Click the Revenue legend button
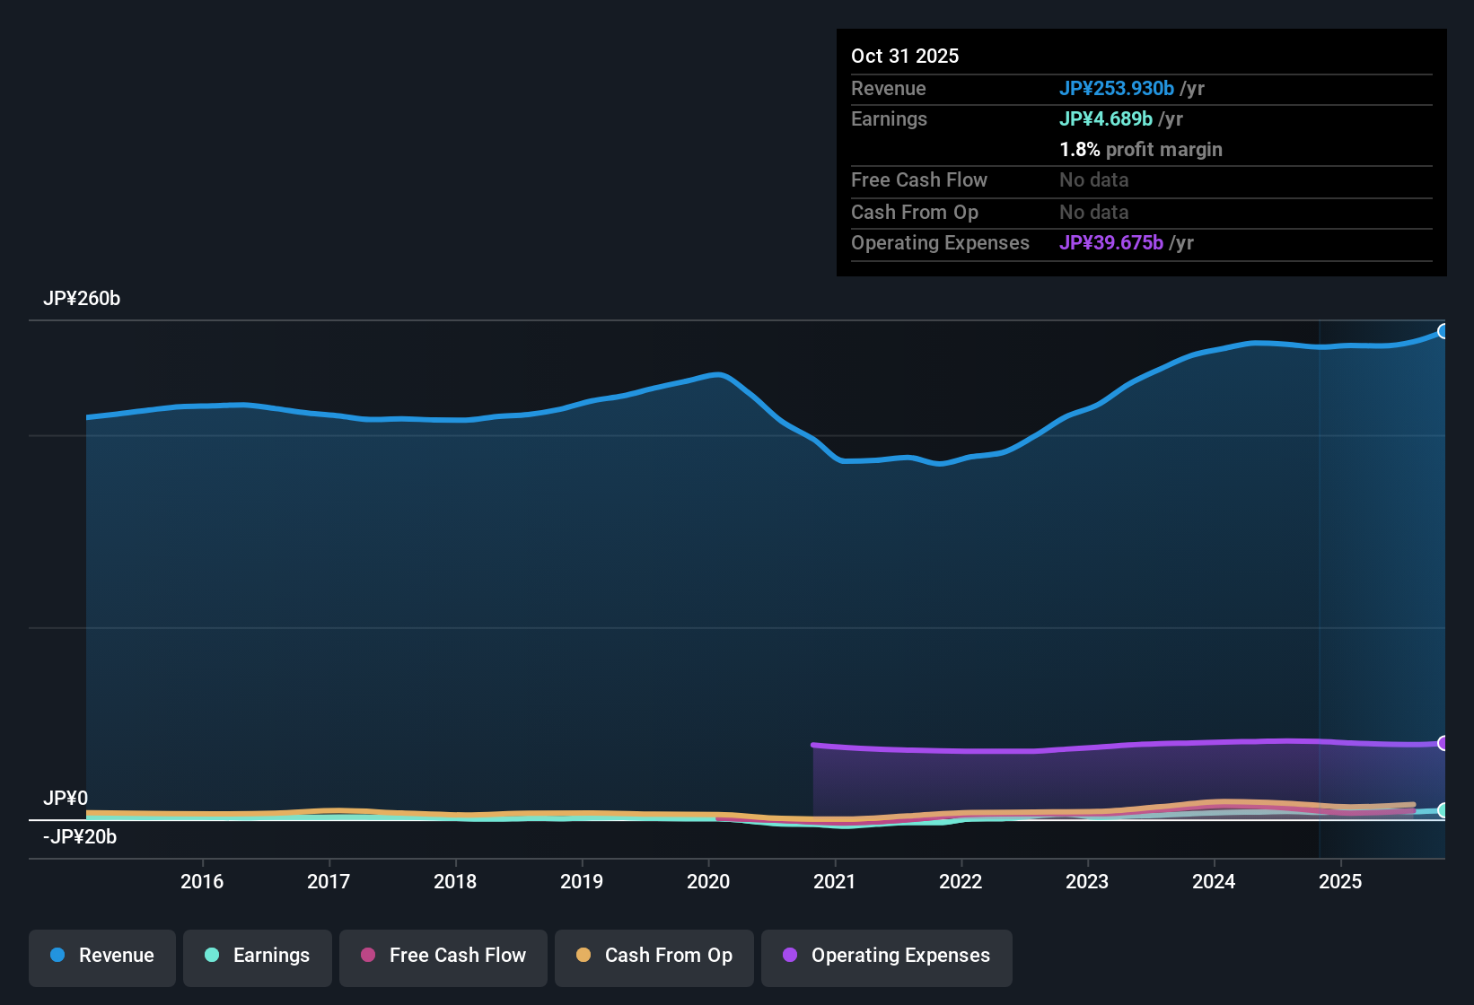101,956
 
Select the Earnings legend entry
257,956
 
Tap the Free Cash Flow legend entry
443,956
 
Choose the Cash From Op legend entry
654,956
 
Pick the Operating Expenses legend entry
886,956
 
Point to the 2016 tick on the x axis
202,881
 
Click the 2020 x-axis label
708,881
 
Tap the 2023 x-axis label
1087,881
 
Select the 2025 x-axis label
1340,881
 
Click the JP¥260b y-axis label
82,299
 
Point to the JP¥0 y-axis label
66,798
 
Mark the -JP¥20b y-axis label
80,836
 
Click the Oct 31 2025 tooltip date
905,56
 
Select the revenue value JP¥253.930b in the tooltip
1116,88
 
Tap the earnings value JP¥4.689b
1105,118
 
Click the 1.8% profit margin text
1140,149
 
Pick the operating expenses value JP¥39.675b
1110,242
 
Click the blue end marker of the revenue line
1443,331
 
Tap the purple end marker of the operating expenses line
1443,743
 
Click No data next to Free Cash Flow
1093,179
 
